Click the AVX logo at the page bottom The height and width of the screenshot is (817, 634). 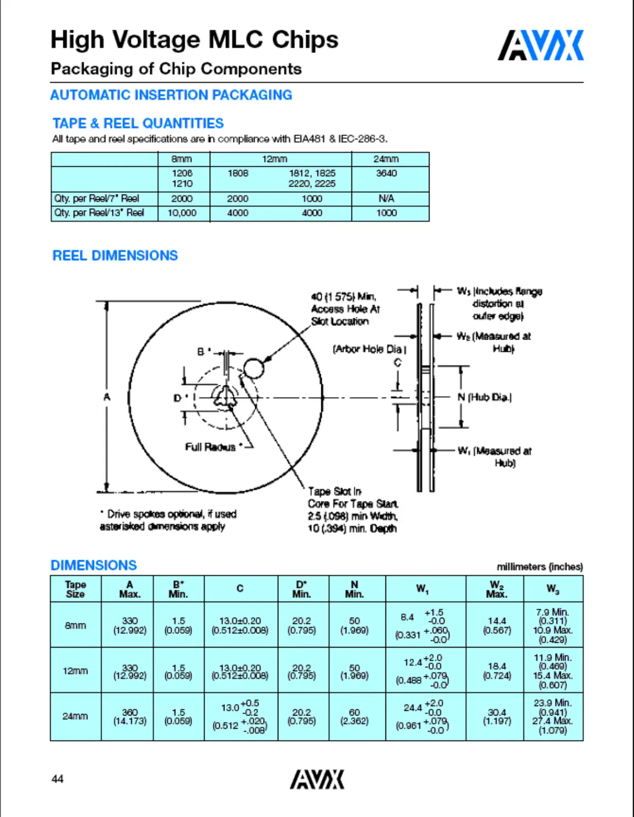pos(316,780)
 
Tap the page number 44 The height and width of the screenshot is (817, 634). pos(58,779)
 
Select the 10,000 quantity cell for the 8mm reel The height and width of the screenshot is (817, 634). pos(182,213)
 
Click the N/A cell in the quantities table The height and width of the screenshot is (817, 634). pos(386,199)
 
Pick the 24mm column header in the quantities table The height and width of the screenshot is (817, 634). pos(386,159)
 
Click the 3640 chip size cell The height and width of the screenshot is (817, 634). pos(386,173)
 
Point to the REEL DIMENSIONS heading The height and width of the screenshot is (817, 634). pos(115,256)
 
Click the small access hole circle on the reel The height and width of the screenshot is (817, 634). pos(254,368)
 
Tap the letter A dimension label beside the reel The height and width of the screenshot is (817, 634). pos(107,397)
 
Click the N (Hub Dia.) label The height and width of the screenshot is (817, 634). pos(484,397)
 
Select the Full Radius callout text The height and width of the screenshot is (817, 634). pos(210,447)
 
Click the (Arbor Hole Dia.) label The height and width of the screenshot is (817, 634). pos(369,349)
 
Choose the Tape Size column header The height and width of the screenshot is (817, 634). pos(76,589)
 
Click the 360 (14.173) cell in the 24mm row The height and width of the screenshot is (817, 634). pos(129,717)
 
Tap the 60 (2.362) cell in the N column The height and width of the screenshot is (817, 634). pos(355,717)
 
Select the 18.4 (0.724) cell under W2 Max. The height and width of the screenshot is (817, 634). pos(497,671)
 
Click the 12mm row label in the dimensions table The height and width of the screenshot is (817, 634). pos(76,671)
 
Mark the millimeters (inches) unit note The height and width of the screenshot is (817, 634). pos(539,567)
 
